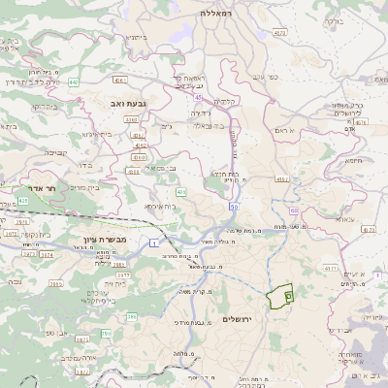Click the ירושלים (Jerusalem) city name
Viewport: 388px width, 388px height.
click(237, 319)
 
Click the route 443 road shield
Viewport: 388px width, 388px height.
click(74, 82)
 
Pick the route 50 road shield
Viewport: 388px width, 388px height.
click(234, 207)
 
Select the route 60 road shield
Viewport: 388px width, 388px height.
click(294, 209)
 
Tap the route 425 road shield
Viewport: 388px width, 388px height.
click(180, 192)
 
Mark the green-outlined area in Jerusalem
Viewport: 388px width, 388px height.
click(279, 296)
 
